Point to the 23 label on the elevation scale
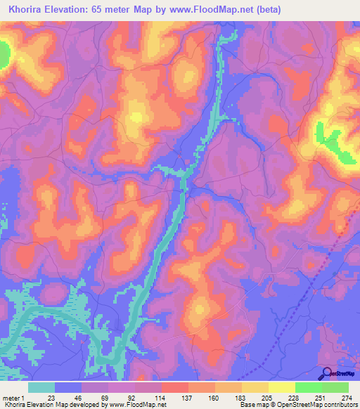pos(51,397)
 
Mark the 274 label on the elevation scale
pos(346,397)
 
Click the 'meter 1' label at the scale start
pos(13,397)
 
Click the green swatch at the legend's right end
pos(335,387)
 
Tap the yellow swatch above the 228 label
pos(282,387)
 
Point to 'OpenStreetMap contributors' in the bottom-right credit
pos(316,405)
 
